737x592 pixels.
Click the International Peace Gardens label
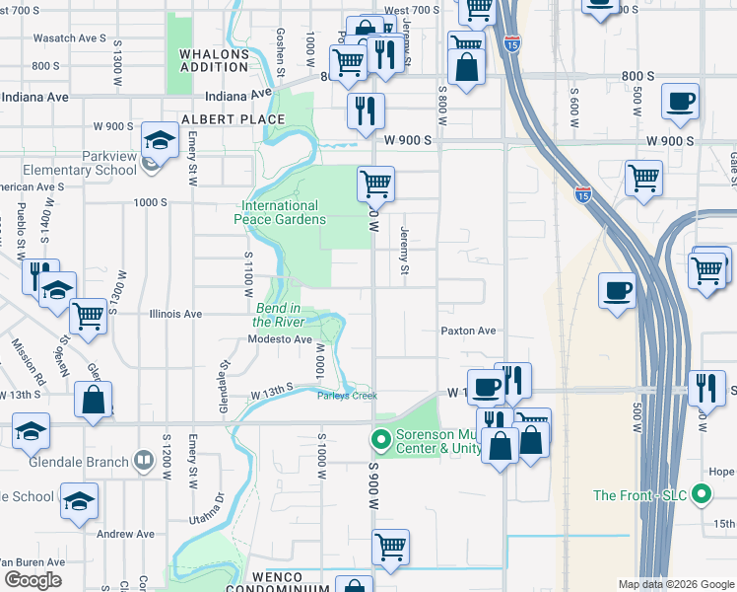tap(280, 212)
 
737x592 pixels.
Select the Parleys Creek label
tap(347, 396)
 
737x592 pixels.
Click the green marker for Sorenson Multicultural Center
tap(378, 438)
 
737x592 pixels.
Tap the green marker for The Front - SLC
tap(702, 494)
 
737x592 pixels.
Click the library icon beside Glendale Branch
tap(144, 462)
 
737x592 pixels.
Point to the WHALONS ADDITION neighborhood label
tap(214, 59)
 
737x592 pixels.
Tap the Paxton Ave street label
tap(468, 332)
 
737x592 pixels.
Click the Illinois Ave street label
tap(175, 315)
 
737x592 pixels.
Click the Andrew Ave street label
tap(125, 534)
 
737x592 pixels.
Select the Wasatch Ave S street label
tap(69, 37)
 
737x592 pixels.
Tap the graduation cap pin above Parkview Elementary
tap(159, 141)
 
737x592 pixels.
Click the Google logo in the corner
tap(33, 580)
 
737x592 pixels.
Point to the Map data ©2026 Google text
tap(676, 584)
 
